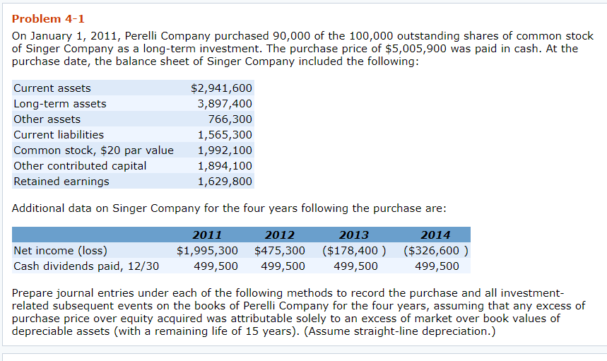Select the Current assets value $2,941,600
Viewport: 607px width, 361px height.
(x=221, y=88)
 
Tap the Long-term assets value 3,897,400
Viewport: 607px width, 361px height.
(x=225, y=104)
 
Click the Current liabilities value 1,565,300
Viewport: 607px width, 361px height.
(x=225, y=135)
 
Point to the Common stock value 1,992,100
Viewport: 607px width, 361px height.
(x=225, y=150)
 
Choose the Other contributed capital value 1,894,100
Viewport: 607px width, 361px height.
(x=225, y=166)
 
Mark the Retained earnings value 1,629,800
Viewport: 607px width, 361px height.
(x=225, y=182)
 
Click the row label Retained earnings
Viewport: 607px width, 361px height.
(x=61, y=182)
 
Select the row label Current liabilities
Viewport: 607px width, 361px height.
(x=59, y=135)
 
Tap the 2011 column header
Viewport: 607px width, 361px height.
(x=207, y=235)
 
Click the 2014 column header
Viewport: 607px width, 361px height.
(x=435, y=235)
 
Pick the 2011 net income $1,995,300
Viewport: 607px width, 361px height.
(x=207, y=251)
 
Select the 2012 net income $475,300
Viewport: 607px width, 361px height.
(x=280, y=251)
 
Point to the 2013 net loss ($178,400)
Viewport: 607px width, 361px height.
(x=354, y=251)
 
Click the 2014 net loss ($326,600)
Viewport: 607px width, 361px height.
(x=437, y=251)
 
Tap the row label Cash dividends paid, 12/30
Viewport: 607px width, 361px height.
(x=86, y=266)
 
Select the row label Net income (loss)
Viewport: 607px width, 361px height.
(x=61, y=251)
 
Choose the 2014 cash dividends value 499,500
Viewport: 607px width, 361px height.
(x=437, y=266)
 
